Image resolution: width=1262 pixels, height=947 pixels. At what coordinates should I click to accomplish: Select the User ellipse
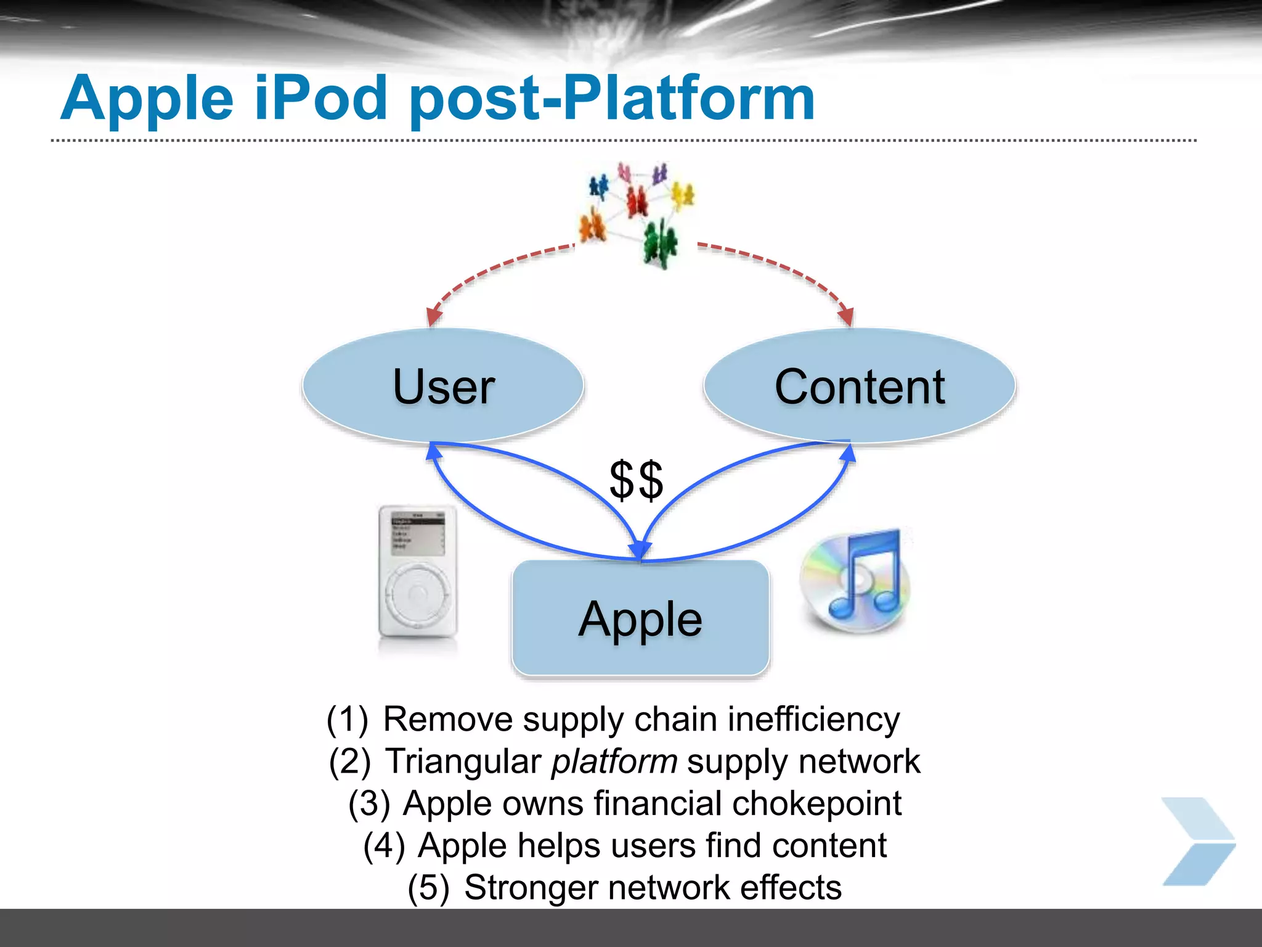[443, 386]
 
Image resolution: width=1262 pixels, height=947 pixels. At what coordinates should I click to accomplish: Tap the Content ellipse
[859, 386]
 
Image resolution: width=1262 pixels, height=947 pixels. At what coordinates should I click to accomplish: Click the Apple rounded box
[640, 618]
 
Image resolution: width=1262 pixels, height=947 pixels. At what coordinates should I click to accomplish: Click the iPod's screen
[418, 533]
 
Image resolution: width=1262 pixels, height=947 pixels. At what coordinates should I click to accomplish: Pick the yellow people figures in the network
[682, 194]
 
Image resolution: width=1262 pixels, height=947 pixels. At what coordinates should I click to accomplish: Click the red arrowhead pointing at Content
[847, 316]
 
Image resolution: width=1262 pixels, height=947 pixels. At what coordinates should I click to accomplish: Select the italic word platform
[614, 761]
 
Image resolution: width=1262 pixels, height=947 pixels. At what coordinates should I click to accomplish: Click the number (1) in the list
[348, 719]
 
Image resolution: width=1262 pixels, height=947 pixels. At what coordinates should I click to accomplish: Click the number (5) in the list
[428, 888]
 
